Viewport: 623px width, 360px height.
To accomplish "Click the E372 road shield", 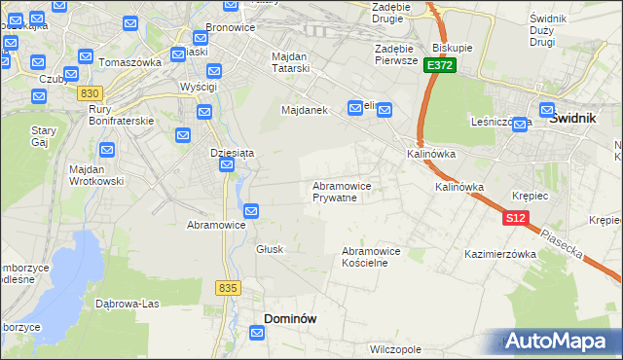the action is coord(440,65).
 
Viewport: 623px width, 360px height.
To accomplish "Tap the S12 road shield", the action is coord(516,219).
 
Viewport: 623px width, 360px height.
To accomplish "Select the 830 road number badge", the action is coord(90,92).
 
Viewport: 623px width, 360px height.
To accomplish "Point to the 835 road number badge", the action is coord(229,288).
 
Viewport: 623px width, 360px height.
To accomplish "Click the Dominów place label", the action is coord(290,318).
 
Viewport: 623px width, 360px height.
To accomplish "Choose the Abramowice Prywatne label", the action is coord(341,192).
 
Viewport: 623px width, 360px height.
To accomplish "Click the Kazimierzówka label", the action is coord(500,254).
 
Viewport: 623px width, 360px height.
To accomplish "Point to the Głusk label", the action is coord(270,249).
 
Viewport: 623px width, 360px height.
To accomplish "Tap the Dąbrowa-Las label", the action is coord(128,303).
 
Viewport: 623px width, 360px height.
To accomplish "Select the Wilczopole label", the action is coord(395,347).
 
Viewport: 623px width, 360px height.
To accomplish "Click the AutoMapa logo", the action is coord(562,341).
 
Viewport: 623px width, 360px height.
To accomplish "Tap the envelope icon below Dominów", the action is coord(258,334).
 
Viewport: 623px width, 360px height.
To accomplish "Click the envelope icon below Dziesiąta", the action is coord(227,166).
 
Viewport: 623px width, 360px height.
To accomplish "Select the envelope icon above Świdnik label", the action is coord(546,110).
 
